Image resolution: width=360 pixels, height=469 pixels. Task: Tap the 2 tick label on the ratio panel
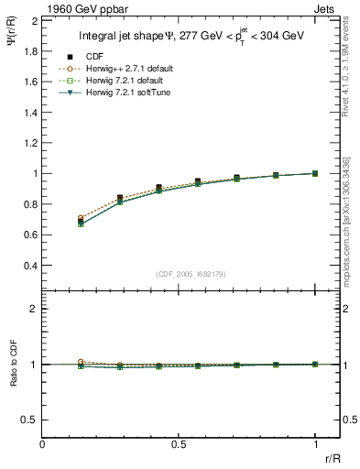coord(34,310)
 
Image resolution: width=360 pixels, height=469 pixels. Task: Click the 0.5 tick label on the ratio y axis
coord(29,420)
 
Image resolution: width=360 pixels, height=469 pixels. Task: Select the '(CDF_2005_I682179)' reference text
coord(180,274)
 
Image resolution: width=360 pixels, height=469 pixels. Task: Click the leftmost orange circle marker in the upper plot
coord(82,218)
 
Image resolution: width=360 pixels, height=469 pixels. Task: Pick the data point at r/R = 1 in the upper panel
coord(315,173)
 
